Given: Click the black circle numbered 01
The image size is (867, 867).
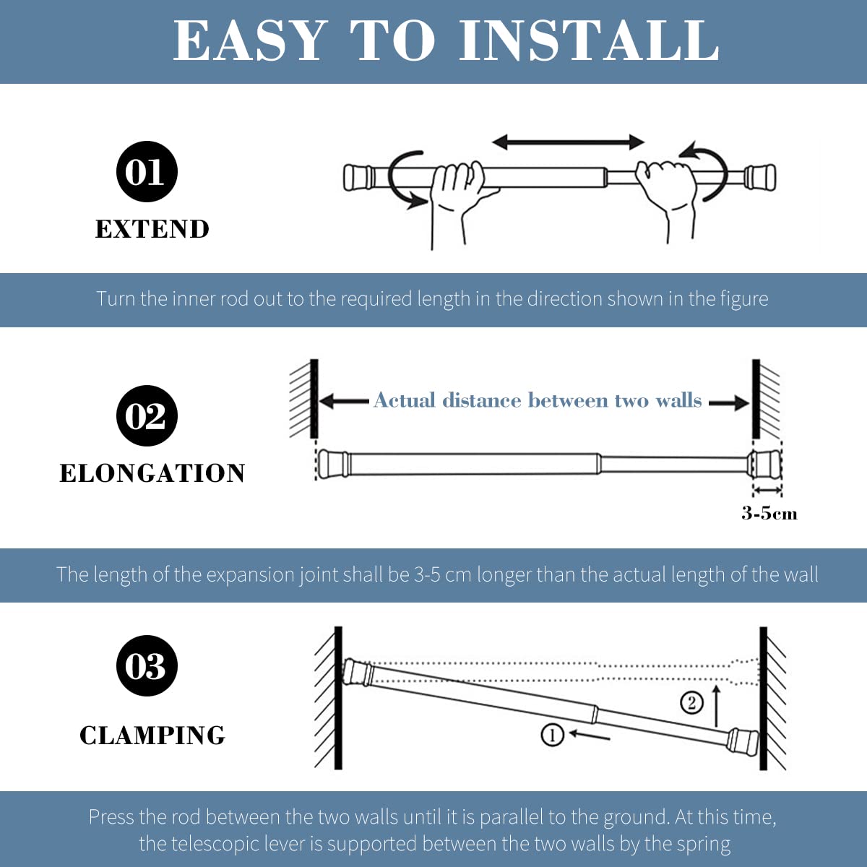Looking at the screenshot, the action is tap(147, 171).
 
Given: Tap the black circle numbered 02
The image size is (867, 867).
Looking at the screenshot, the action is tap(147, 415).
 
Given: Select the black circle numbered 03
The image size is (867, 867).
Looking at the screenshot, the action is tap(147, 665).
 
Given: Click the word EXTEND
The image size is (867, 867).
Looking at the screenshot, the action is tap(152, 229).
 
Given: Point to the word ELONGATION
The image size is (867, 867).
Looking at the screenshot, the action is tap(152, 473).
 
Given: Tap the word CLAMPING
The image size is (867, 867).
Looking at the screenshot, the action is tap(152, 736).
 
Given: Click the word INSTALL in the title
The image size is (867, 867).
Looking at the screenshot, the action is tap(589, 40).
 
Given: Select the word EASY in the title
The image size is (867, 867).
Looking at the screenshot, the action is tap(249, 40).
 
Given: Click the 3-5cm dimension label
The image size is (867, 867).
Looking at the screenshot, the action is tap(769, 514).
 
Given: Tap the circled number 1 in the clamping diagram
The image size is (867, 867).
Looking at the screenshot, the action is tap(552, 736).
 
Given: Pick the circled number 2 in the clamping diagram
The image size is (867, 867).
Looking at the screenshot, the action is tap(691, 703).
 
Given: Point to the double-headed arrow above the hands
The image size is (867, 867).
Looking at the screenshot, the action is tap(569, 142).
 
